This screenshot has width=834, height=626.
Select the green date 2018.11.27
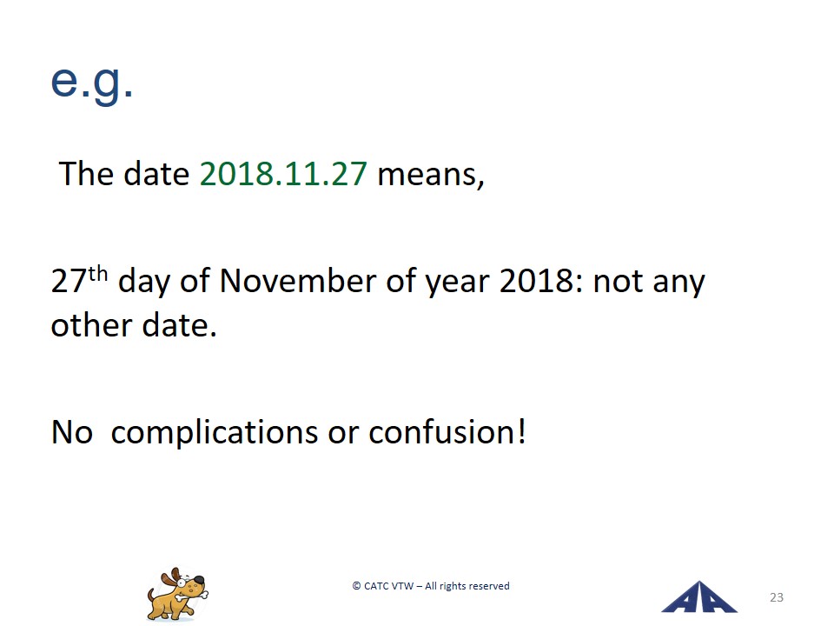(283, 174)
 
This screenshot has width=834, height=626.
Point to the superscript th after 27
(98, 274)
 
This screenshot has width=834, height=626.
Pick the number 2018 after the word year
(541, 281)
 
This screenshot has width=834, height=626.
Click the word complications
(215, 433)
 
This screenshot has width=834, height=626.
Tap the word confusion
(441, 432)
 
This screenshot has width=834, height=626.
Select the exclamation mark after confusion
(522, 431)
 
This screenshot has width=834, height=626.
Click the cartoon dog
(177, 594)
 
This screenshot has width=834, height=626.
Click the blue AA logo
(698, 597)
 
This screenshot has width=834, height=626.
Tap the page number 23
(777, 597)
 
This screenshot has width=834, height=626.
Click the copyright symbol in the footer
(356, 586)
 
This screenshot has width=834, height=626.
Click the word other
(91, 325)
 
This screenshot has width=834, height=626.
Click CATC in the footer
(376, 586)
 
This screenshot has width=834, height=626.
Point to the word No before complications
(72, 432)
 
